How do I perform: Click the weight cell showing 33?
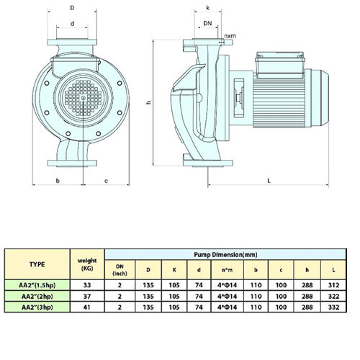click(x=87, y=285)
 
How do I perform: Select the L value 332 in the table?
click(x=333, y=307)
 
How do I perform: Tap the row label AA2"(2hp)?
click(x=37, y=297)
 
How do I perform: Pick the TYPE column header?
click(x=37, y=264)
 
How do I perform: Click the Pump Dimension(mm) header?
click(x=225, y=254)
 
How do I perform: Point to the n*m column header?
click(x=227, y=270)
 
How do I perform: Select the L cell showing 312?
click(x=333, y=285)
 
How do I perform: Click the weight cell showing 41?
click(x=87, y=307)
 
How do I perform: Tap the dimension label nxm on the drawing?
click(x=230, y=36)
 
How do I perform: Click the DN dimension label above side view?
click(x=207, y=23)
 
